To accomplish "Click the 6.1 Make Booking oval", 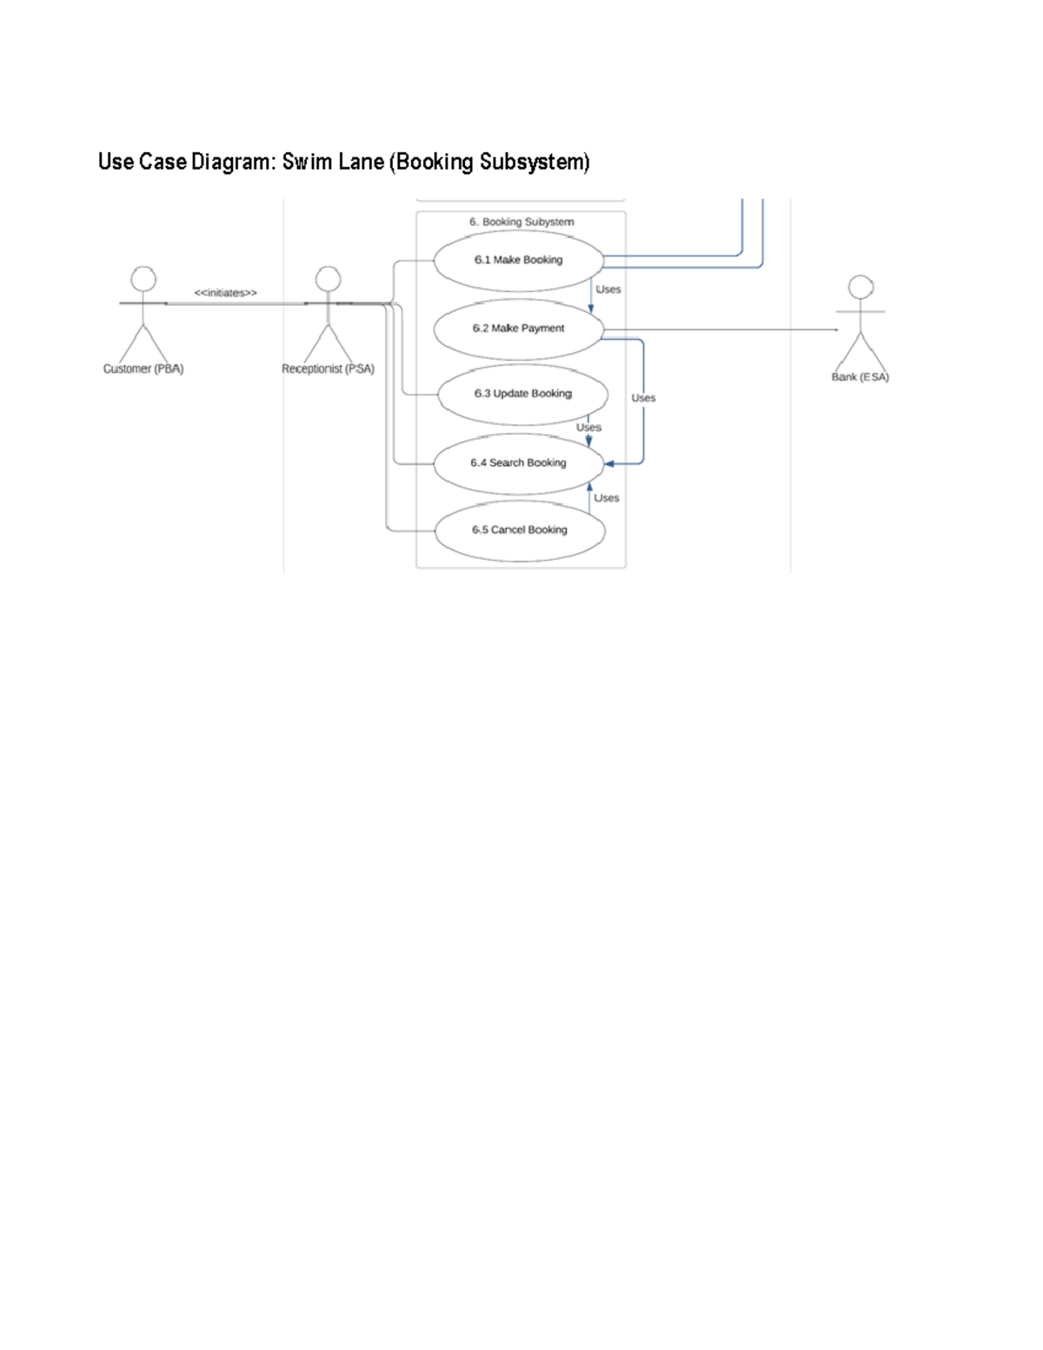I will pyautogui.click(x=519, y=260).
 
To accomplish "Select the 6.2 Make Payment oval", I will pyautogui.click(x=519, y=329).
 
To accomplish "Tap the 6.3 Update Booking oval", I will pyautogui.click(x=522, y=394).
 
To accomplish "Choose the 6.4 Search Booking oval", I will pyautogui.click(x=519, y=463).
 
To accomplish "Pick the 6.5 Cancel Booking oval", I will pyautogui.click(x=520, y=529).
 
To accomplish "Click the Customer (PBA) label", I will pyautogui.click(x=143, y=369).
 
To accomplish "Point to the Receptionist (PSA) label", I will pyautogui.click(x=328, y=369).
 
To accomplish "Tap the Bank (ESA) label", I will pyautogui.click(x=860, y=377).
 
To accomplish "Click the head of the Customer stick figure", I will pyautogui.click(x=143, y=279).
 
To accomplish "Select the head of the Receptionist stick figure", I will pyautogui.click(x=328, y=279).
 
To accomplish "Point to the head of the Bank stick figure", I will pyautogui.click(x=860, y=288).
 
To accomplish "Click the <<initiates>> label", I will pyautogui.click(x=225, y=293).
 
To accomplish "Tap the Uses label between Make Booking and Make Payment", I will pyautogui.click(x=608, y=289).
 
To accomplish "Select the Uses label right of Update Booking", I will pyautogui.click(x=643, y=398).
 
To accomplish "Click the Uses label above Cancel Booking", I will pyautogui.click(x=607, y=498).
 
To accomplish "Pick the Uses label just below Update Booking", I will pyautogui.click(x=588, y=428).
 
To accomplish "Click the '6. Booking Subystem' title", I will pyautogui.click(x=521, y=222).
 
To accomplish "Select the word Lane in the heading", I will pyautogui.click(x=361, y=163).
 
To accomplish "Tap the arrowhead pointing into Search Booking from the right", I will pyautogui.click(x=609, y=463).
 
